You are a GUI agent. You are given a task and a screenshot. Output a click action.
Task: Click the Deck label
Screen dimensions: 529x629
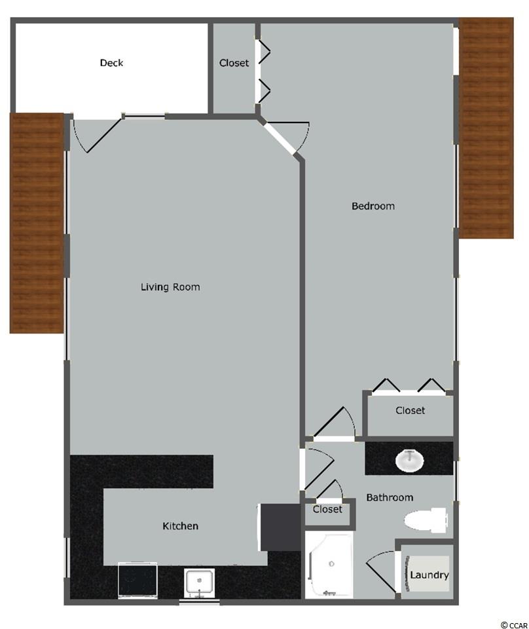coord(111,63)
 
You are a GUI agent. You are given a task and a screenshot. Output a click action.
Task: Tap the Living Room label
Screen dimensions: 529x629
coord(170,287)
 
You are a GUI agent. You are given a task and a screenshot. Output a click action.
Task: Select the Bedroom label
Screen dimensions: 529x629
coord(373,206)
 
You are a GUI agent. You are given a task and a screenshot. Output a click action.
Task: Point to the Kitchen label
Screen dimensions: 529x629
coord(180,526)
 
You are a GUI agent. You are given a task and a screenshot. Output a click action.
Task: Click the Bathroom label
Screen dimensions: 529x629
coord(390,497)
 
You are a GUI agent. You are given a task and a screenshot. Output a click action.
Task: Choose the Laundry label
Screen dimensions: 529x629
coord(429,575)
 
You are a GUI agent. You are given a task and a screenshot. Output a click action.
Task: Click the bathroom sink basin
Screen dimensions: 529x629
coord(410,461)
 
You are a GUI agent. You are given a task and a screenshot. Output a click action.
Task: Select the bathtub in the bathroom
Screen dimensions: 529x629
coord(329,564)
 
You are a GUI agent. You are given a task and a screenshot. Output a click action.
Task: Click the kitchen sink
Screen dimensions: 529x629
coord(199,582)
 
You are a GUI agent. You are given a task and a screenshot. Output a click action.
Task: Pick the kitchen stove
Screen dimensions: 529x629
coord(137,580)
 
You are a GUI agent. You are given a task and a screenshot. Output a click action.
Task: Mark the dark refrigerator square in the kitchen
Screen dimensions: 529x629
coord(280,527)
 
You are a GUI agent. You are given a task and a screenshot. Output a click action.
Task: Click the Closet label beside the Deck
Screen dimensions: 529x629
coord(234,63)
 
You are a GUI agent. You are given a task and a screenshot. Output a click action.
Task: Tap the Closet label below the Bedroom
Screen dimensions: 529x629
coord(410,410)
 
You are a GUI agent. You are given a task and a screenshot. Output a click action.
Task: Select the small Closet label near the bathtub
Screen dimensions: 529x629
coord(327,509)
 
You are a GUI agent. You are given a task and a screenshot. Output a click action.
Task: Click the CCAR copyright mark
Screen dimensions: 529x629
coord(514,624)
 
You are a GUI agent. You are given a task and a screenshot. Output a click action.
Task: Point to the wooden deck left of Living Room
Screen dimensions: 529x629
coord(37,223)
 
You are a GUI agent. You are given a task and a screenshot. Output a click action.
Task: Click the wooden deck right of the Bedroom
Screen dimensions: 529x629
coord(486,128)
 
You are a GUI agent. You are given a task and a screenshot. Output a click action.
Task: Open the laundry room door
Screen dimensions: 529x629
coord(382,571)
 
